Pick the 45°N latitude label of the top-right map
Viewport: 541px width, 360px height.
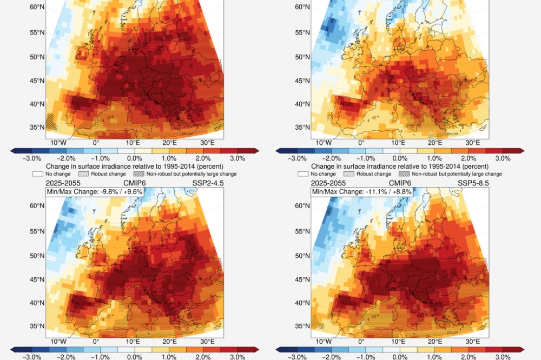(303, 80)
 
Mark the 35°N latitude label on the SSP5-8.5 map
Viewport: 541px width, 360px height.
(303, 326)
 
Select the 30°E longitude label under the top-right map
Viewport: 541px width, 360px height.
(473, 143)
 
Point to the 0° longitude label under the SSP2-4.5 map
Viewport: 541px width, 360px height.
(96, 342)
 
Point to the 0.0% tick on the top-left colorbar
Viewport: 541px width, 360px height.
(134, 158)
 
